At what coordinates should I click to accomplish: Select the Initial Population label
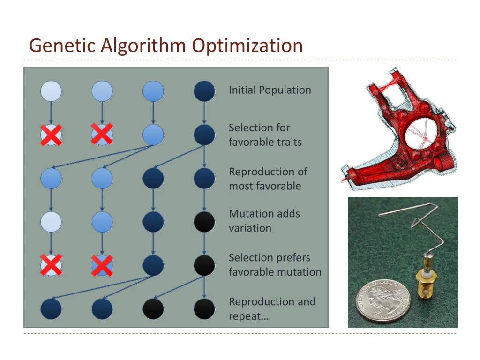(270, 90)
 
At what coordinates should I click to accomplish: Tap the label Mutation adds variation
(264, 221)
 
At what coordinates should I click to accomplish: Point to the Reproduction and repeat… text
(272, 308)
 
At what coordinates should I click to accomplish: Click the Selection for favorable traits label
(265, 135)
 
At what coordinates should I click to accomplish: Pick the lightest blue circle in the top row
(51, 91)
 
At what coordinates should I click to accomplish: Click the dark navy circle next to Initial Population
(204, 91)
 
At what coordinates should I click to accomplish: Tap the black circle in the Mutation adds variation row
(204, 222)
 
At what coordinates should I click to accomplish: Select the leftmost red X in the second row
(51, 135)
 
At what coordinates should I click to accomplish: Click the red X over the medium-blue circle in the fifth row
(102, 265)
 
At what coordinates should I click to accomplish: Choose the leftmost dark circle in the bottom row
(51, 309)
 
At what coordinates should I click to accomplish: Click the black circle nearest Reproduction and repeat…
(204, 309)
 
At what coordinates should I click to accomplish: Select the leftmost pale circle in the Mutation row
(51, 222)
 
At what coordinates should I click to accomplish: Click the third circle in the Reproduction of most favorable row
(153, 179)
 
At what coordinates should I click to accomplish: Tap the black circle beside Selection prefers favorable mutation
(204, 265)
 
